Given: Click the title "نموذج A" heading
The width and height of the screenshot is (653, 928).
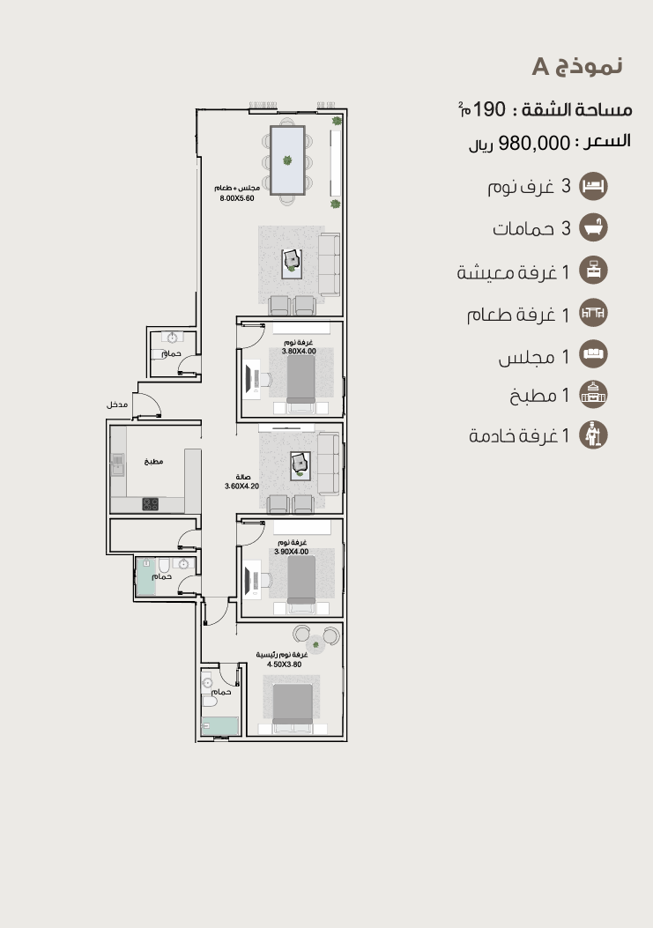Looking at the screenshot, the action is tap(576, 66).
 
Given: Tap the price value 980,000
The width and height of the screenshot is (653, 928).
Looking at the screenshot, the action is tap(534, 144).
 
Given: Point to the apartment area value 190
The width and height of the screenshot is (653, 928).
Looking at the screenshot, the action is tap(489, 109).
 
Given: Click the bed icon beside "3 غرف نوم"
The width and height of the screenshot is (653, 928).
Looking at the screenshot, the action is tap(593, 186).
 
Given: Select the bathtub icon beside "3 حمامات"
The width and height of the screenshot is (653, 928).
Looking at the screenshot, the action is tap(593, 227).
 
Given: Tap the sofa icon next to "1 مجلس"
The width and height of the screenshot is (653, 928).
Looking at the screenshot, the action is tap(593, 354).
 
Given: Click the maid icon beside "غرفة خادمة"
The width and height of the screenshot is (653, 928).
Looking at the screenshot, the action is tap(593, 435).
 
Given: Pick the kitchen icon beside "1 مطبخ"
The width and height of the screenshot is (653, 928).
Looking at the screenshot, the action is tap(593, 394).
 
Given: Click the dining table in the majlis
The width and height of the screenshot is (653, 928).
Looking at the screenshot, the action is tap(287, 160).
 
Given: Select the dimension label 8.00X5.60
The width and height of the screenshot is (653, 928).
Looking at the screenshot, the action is tap(237, 198).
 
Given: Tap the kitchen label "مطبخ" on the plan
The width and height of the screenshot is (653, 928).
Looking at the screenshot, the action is tap(153, 461).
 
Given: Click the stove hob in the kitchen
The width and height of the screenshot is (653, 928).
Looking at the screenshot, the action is tap(151, 504).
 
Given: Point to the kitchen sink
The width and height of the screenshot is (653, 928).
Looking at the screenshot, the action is tap(118, 464).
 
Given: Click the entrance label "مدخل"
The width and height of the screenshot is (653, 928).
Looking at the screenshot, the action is tap(116, 405).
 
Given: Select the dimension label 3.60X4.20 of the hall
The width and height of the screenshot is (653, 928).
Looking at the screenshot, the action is tap(241, 486).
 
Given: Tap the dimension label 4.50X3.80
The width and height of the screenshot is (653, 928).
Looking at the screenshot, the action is tap(284, 664).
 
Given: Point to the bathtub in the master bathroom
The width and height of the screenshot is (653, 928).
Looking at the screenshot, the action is tap(219, 726).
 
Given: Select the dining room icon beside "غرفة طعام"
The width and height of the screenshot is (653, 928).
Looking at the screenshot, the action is tap(593, 313).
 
